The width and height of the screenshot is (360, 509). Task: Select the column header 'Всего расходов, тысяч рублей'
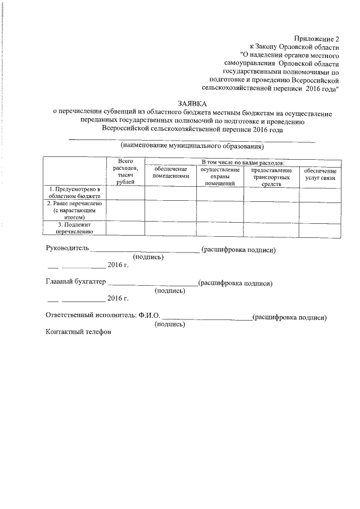pyautogui.click(x=125, y=172)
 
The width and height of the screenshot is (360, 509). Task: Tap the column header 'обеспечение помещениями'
pyautogui.click(x=170, y=173)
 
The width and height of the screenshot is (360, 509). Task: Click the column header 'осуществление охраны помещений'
pyautogui.click(x=219, y=176)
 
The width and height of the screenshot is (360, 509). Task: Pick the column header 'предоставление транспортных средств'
pyautogui.click(x=271, y=176)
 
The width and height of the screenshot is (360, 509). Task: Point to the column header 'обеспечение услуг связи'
pyautogui.click(x=319, y=174)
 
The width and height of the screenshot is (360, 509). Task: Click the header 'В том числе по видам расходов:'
pyautogui.click(x=242, y=163)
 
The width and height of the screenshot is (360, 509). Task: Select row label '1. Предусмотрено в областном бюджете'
pyautogui.click(x=74, y=193)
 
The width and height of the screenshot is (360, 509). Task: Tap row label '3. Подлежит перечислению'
pyautogui.click(x=74, y=228)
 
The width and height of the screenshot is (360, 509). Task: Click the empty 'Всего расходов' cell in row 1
pyautogui.click(x=125, y=193)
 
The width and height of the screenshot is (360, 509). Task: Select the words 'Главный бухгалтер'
pyautogui.click(x=75, y=283)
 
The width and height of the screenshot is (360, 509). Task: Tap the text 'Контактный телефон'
pyautogui.click(x=78, y=332)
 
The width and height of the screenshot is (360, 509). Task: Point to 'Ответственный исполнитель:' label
pyautogui.click(x=90, y=317)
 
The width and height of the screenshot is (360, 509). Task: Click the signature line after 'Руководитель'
pyautogui.click(x=145, y=250)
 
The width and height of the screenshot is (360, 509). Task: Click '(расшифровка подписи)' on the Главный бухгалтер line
pyautogui.click(x=236, y=283)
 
